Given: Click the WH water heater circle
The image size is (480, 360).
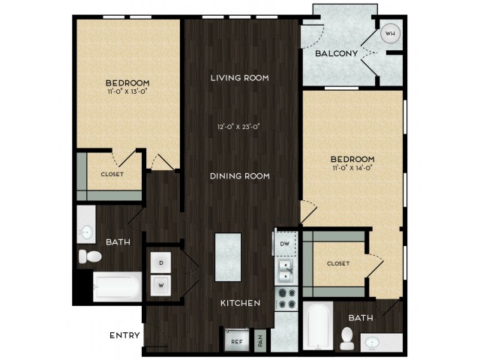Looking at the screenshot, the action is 390,33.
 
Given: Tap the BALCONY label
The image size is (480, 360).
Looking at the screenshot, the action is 337,53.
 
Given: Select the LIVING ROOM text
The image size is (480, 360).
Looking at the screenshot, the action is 240,78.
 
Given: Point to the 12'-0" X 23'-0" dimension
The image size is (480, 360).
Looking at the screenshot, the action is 238,127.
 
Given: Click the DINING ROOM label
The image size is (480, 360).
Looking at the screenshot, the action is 240,176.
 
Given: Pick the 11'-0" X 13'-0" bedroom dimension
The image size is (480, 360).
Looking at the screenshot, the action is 127,91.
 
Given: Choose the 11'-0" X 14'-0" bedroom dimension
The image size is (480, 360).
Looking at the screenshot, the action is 352,167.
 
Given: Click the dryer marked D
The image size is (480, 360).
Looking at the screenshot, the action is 161,263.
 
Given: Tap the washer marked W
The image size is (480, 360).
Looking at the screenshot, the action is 161,285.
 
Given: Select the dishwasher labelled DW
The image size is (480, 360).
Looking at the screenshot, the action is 285,244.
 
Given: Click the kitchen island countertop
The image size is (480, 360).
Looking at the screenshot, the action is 228,257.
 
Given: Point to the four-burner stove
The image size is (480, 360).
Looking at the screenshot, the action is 286,298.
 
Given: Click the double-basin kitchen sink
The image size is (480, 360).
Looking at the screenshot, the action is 285,271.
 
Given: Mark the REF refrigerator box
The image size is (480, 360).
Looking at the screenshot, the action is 237,340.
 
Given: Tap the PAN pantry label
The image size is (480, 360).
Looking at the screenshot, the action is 260,340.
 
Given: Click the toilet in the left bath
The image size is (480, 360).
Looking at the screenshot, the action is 90,256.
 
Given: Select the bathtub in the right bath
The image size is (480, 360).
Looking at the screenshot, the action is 318,326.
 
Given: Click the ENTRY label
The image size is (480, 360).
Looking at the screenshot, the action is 124,335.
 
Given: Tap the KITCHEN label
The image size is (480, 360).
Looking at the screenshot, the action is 240,303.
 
